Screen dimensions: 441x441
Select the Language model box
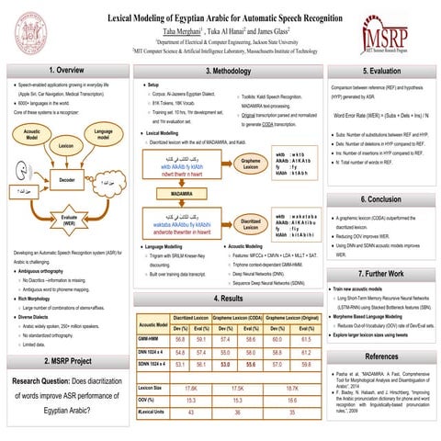click(106, 134)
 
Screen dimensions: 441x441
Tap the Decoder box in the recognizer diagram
click(66, 180)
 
